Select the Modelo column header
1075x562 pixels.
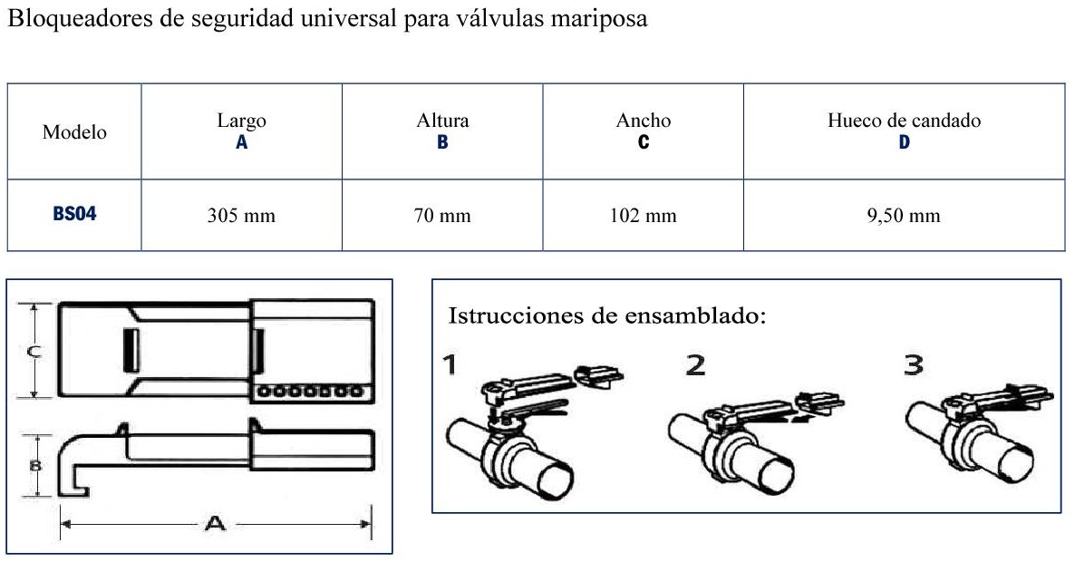point(74,131)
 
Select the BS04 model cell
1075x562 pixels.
point(74,214)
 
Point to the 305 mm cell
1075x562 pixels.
point(241,216)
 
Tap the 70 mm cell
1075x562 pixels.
point(442,216)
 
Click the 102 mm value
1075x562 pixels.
point(643,216)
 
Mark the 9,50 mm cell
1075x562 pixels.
point(904,216)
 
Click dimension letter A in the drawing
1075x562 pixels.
point(215,524)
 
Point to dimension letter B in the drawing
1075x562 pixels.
point(34,466)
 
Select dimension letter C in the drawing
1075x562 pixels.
point(34,352)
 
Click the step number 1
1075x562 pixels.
point(450,364)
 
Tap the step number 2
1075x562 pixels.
point(696,364)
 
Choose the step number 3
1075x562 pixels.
point(914,364)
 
